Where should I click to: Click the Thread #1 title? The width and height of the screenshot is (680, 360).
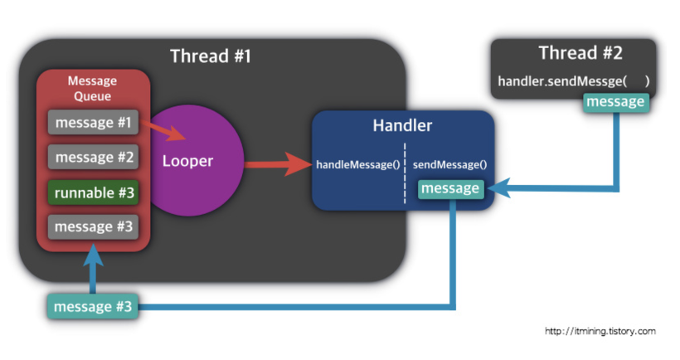pyautogui.click(x=210, y=56)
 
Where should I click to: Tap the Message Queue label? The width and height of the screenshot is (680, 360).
pyautogui.click(x=92, y=89)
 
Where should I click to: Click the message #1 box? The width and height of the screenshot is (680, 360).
pyautogui.click(x=92, y=123)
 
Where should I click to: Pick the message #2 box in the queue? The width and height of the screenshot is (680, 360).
pyautogui.click(x=92, y=157)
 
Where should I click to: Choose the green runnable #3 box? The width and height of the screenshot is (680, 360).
pyautogui.click(x=92, y=192)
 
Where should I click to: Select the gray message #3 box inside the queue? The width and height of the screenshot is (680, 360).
pyautogui.click(x=92, y=226)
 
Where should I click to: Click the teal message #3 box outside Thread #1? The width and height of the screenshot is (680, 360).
pyautogui.click(x=92, y=307)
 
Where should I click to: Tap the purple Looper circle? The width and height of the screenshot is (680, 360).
pyautogui.click(x=189, y=161)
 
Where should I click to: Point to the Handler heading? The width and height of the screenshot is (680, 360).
pyautogui.click(x=402, y=126)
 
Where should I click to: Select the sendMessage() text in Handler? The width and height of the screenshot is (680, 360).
pyautogui.click(x=449, y=164)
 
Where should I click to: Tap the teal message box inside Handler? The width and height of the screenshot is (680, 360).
pyautogui.click(x=449, y=189)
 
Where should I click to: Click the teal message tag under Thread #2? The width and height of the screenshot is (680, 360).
pyautogui.click(x=615, y=102)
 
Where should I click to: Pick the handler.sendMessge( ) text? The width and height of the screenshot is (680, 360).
pyautogui.click(x=573, y=81)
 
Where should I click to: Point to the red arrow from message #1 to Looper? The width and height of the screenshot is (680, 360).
pyautogui.click(x=169, y=130)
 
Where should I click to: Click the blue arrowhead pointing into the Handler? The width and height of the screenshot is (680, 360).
pyautogui.click(x=498, y=191)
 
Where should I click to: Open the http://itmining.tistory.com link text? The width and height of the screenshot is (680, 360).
pyautogui.click(x=600, y=331)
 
